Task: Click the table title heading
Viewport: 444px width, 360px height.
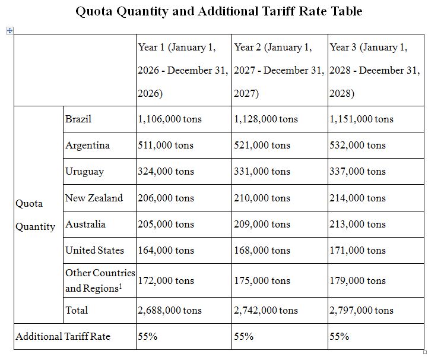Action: tap(219, 11)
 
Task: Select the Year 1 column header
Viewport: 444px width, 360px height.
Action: tap(182, 70)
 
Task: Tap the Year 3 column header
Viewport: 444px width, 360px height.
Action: tap(375, 70)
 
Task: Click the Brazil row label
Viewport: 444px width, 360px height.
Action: tap(78, 119)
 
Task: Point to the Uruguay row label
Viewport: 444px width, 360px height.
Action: tap(84, 171)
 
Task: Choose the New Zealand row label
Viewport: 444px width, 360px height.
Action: tap(94, 198)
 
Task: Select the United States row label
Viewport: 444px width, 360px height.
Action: tap(94, 250)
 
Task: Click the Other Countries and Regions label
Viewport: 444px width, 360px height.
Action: tap(100, 280)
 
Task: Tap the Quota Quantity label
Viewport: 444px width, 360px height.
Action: tap(36, 214)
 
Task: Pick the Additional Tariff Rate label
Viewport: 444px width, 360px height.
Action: tap(63, 336)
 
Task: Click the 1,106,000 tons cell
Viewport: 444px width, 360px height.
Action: tap(169, 119)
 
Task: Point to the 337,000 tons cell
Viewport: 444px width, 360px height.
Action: tap(357, 171)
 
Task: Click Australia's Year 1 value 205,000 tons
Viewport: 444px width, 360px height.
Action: tap(166, 224)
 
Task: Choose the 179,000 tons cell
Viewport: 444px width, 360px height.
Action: tap(357, 280)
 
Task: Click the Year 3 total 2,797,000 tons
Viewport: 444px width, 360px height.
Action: tap(361, 310)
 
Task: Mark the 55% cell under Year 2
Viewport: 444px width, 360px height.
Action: tap(243, 336)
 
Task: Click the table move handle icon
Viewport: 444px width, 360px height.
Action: tap(9, 30)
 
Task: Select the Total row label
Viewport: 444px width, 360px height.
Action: tap(77, 310)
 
